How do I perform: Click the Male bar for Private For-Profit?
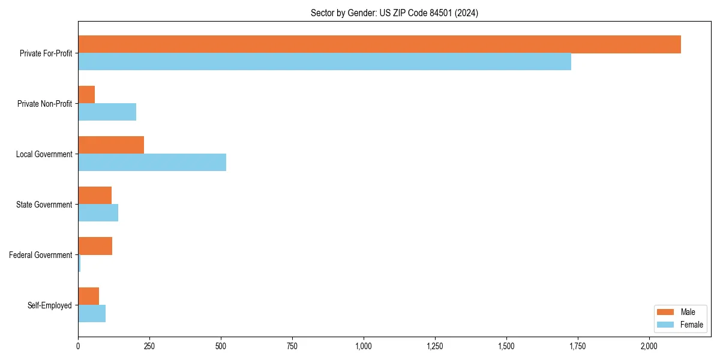click(379, 44)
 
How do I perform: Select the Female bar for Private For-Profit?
click(325, 62)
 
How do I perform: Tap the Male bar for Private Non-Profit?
click(86, 95)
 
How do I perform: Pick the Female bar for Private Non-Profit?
click(107, 112)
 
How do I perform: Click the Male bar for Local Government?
click(111, 145)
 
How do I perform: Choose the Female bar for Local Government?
click(152, 163)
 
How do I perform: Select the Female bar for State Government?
click(98, 213)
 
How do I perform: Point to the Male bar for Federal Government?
click(95, 246)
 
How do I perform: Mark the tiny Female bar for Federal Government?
click(79, 263)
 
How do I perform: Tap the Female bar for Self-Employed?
click(92, 314)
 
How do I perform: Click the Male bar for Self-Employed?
click(88, 296)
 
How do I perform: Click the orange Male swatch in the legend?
click(666, 312)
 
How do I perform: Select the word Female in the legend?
click(691, 325)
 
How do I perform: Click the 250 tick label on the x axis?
click(149, 346)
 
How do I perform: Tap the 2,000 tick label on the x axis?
click(649, 346)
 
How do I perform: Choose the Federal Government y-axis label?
click(41, 255)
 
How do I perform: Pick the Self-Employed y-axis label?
click(50, 305)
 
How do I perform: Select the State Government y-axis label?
click(44, 205)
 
